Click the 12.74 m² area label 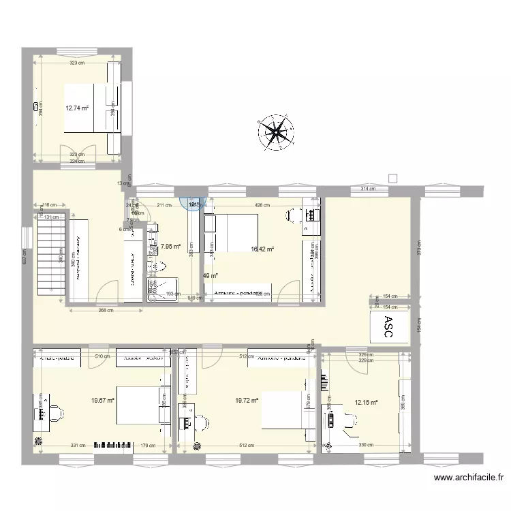tap(77, 107)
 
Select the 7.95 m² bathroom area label tap(170, 247)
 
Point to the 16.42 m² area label tap(262, 249)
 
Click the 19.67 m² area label tap(102, 401)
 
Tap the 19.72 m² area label tap(247, 401)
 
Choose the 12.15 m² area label tap(366, 402)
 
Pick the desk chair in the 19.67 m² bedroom tap(58, 413)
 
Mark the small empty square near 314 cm tap(392, 179)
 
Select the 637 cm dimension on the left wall tap(25, 258)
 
